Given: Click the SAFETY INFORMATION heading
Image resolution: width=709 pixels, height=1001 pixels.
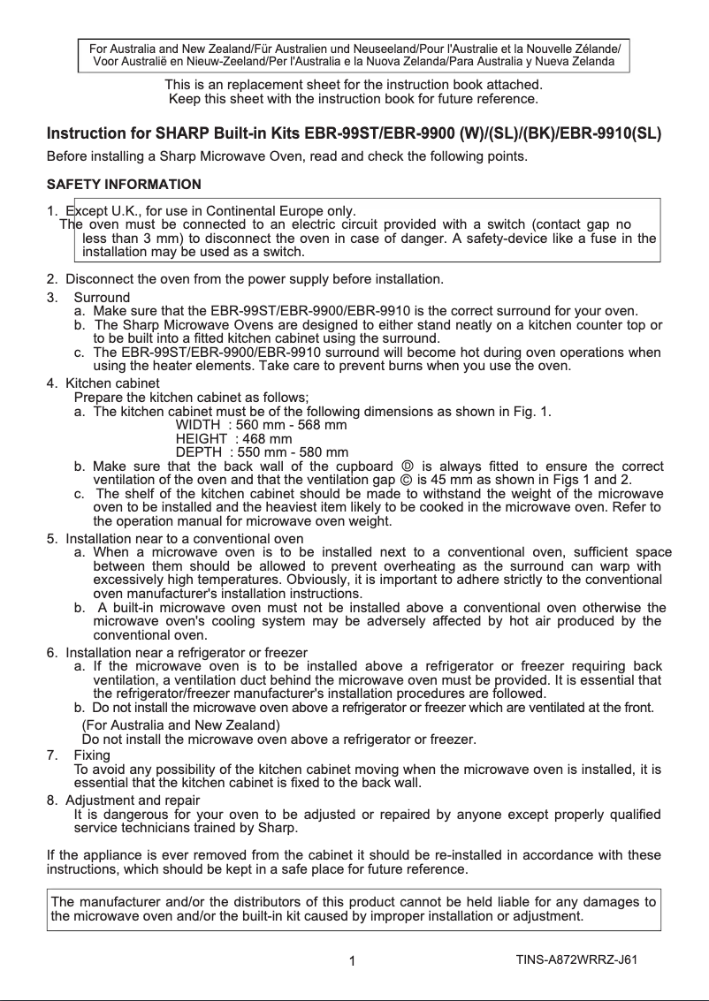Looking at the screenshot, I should click(123, 185).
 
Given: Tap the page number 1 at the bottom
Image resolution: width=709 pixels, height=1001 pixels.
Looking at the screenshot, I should click(352, 961).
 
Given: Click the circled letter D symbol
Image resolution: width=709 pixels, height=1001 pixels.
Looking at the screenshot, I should click(407, 466).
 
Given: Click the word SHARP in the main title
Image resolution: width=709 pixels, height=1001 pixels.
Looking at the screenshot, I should click(179, 136).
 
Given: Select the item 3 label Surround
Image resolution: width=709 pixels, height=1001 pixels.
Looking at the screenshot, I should click(102, 297).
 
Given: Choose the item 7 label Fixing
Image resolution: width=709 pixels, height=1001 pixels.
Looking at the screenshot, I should click(92, 755).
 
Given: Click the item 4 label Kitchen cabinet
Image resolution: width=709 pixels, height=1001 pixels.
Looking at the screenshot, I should click(113, 383).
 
